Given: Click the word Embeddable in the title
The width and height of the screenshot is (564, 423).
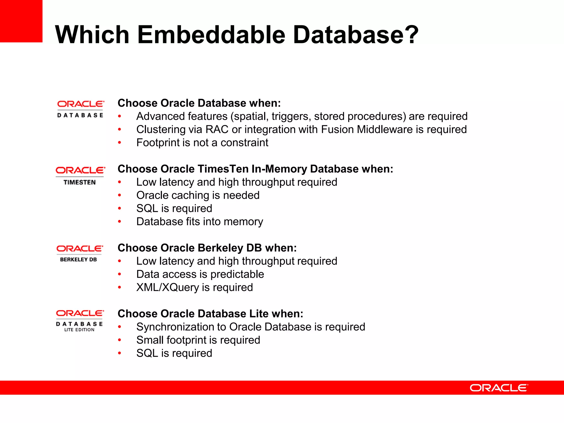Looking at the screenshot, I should tap(211, 35).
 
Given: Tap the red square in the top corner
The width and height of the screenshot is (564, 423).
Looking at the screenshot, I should tap(21, 21).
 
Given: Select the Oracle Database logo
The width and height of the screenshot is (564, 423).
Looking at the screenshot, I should tap(80, 109).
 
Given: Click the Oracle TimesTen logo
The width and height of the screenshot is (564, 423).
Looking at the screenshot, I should tap(80, 176).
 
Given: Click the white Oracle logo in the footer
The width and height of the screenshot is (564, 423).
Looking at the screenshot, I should tap(499, 388).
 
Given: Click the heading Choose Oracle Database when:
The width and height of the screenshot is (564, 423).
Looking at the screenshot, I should tap(199, 103).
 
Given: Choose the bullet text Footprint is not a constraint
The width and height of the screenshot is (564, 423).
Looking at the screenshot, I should tap(202, 143).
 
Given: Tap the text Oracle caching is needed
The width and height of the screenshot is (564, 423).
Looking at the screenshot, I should tap(198, 195).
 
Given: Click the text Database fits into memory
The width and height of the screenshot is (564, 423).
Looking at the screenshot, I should tap(200, 222).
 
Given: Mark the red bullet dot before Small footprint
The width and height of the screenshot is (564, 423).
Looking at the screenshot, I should tap(120, 340).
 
